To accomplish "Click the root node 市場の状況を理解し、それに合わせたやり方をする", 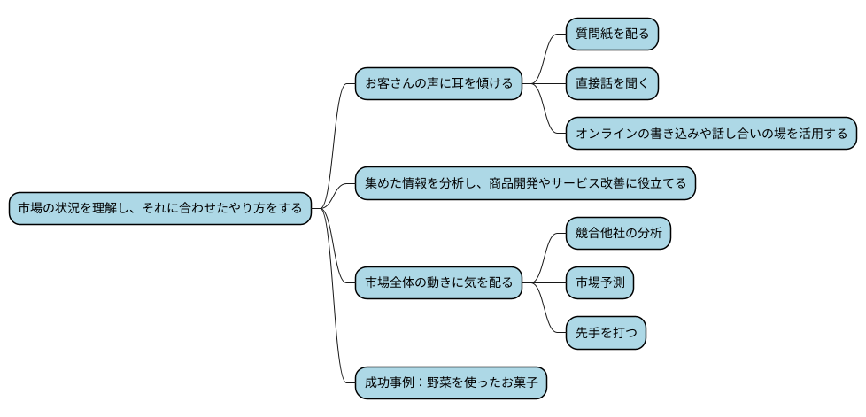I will (160, 209).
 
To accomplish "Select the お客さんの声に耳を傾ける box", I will (438, 84).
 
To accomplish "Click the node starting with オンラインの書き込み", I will (711, 134).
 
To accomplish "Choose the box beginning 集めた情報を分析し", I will (525, 183).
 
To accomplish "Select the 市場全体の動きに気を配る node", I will (438, 283).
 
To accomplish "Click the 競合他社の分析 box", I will (618, 234).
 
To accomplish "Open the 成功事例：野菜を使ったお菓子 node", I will (451, 383).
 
